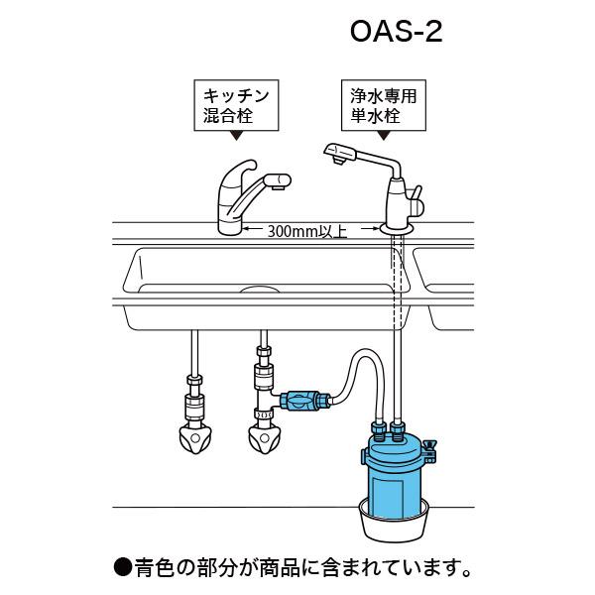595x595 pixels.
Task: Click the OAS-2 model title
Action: [x=396, y=33]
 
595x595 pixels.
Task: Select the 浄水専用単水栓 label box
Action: [x=383, y=107]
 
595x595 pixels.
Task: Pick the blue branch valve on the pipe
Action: [x=299, y=402]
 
